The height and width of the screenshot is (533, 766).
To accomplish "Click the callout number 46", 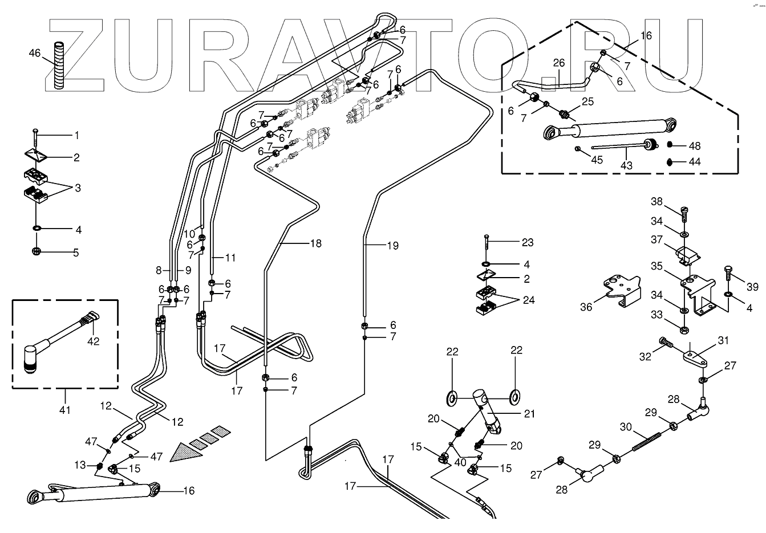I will (35, 53).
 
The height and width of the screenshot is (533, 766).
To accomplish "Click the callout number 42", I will (93, 341).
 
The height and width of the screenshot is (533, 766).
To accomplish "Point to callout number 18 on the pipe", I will (315, 243).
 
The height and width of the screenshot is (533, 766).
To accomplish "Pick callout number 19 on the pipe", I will (392, 246).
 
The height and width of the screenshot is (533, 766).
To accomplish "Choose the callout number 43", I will (626, 165).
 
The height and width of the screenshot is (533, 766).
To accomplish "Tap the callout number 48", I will (694, 146).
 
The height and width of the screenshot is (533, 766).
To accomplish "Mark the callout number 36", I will (586, 307).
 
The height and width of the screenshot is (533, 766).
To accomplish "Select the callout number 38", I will (657, 201).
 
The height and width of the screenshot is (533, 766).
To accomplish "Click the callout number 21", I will (529, 413).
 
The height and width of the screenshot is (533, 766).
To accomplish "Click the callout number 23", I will (528, 242).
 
